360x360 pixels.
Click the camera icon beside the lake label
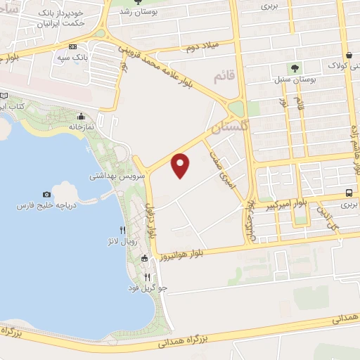[x=47, y=194]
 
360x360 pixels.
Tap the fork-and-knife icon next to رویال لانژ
[x=122, y=230]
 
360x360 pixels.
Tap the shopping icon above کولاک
[x=349, y=55]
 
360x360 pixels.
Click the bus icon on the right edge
[x=349, y=193]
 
